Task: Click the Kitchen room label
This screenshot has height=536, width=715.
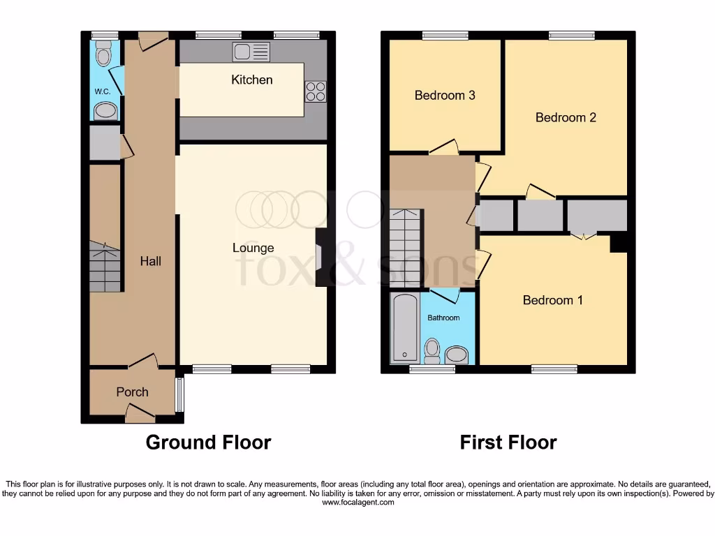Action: pos(252,80)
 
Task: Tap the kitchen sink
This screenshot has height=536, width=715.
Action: pos(251,51)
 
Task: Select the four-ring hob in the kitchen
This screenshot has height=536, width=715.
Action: pos(315,91)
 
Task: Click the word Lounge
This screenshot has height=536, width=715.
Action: pos(253,248)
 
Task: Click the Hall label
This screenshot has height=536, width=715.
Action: pos(150,261)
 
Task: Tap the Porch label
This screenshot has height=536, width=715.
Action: pos(132,392)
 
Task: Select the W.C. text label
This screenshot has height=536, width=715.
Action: pos(103,91)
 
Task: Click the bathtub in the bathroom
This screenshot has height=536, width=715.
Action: pos(404,328)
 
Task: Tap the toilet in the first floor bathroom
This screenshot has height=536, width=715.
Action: pos(432,350)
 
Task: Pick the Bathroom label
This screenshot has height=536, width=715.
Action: pos(444,318)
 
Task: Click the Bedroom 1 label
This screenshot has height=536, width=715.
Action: pos(553,300)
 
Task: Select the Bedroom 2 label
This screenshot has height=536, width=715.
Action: pos(566,117)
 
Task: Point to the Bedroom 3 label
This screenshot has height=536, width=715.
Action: pos(445,95)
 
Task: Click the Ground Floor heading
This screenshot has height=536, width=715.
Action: pos(208,442)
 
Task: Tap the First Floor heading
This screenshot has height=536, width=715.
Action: pos(508,442)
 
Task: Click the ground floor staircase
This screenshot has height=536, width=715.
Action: pos(105,267)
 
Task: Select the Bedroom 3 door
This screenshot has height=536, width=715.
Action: pos(444,147)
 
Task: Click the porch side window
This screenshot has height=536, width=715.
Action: pos(179,395)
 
